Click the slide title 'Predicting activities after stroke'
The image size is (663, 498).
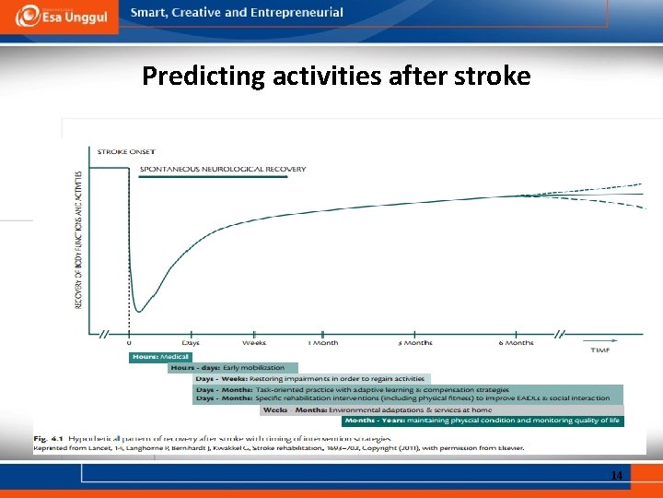pos(336,76)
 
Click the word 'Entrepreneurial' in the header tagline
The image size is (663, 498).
pos(296,13)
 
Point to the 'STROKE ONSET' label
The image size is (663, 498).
pos(126,151)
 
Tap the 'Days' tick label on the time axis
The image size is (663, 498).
pos(190,342)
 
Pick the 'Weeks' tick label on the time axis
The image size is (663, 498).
pos(254,342)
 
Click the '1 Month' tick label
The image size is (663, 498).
pos(322,342)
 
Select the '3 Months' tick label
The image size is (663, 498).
pos(414,342)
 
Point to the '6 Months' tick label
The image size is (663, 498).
pos(516,342)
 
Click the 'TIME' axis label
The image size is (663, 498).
pos(599,350)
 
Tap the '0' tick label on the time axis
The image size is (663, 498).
pos(128,342)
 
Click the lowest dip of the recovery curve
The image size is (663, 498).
pos(139,310)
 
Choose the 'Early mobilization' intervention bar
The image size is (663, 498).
pos(233,368)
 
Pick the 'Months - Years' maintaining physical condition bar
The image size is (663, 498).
pos(483,421)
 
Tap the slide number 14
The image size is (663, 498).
pos(616,475)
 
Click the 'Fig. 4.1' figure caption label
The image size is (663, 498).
pos(47,438)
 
